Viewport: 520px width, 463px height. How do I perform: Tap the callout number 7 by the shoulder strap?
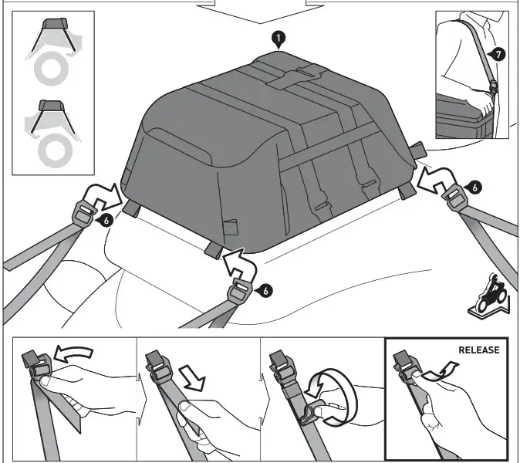[499, 55]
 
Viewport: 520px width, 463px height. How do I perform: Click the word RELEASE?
[478, 350]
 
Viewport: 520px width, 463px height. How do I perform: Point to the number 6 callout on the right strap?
[476, 188]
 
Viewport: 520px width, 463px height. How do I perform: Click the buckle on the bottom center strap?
[241, 292]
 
